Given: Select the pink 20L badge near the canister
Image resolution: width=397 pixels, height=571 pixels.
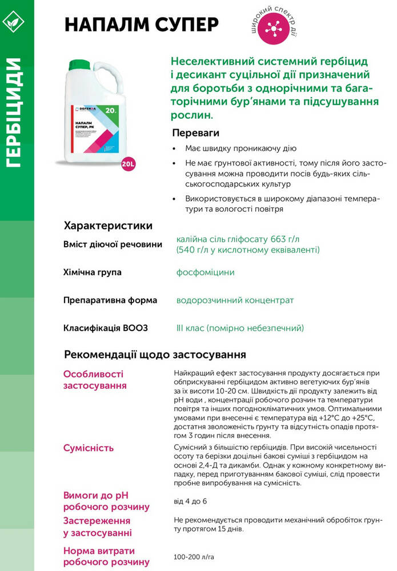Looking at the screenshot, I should [x=129, y=164].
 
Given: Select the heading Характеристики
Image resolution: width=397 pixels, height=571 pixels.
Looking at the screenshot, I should [x=108, y=225].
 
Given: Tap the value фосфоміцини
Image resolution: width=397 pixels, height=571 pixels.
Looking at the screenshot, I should [x=206, y=272].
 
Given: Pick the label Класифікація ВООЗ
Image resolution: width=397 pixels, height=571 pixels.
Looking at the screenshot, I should [x=105, y=328].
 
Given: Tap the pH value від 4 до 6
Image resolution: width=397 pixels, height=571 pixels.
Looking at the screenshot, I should [x=190, y=501].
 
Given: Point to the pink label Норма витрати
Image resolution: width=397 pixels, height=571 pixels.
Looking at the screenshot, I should [x=99, y=551].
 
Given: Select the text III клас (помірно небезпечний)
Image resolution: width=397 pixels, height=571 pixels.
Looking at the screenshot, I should [x=240, y=328].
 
